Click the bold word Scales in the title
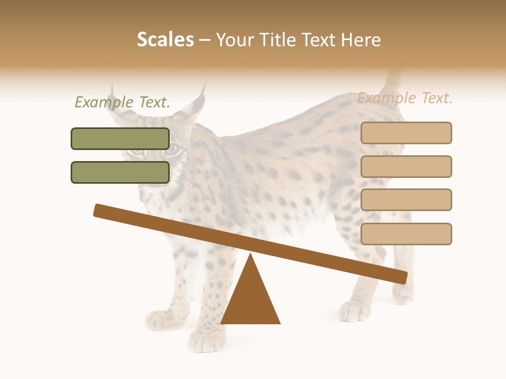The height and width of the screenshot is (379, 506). [166, 39]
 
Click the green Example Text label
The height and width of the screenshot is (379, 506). [122, 102]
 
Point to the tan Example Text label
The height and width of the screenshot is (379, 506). [405, 98]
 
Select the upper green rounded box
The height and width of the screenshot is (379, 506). [120, 138]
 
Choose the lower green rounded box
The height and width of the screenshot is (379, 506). [120, 172]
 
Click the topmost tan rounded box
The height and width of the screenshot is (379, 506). [406, 133]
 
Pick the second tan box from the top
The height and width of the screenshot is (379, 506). [406, 166]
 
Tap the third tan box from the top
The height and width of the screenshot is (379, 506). [406, 200]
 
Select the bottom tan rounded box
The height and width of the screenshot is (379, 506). [406, 234]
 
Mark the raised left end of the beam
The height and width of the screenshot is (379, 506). [100, 210]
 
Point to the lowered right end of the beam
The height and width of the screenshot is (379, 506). [401, 277]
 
